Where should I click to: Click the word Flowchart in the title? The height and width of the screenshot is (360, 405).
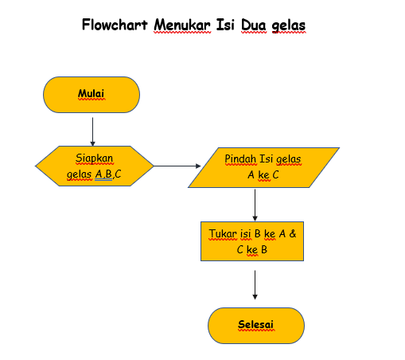click(x=116, y=25)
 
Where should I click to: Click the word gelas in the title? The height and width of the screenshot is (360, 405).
click(x=288, y=25)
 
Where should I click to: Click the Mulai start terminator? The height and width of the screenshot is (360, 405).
click(x=92, y=95)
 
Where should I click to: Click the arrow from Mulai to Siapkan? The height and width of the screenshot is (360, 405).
click(x=93, y=129)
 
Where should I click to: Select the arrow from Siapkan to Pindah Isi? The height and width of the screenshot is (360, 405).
click(x=177, y=166)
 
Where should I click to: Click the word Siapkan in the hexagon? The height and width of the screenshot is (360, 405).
click(x=94, y=158)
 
